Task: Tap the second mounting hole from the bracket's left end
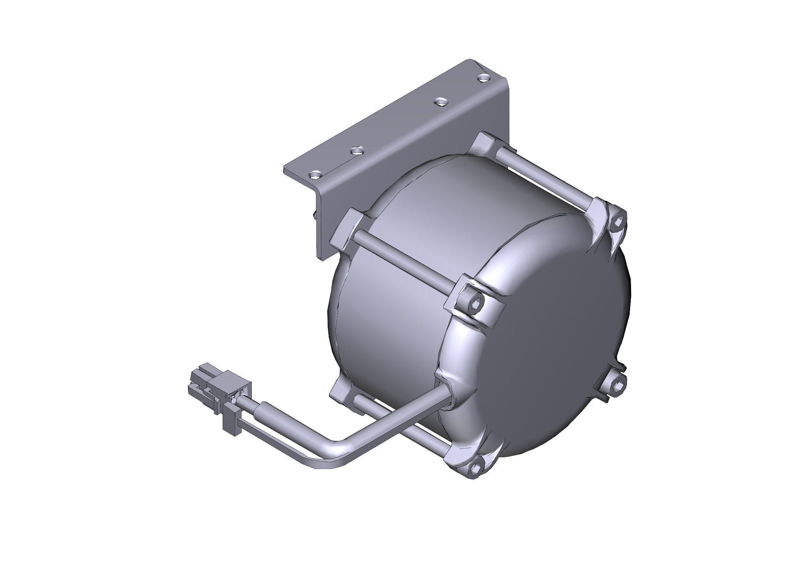[x=357, y=150]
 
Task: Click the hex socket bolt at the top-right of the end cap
[x=618, y=221]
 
